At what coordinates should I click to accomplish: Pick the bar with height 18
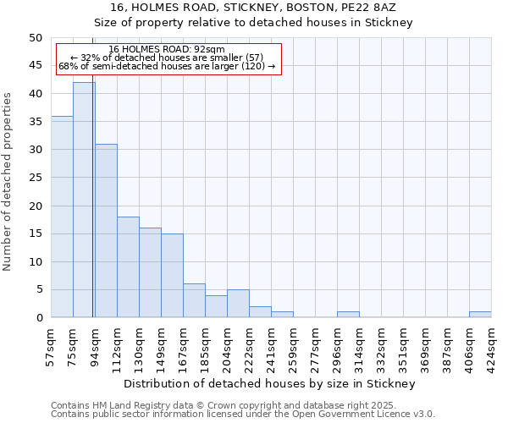[128, 266]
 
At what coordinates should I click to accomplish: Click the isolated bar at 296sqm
[348, 315]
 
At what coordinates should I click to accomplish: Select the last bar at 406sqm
[480, 315]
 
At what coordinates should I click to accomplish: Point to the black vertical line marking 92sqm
[92, 169]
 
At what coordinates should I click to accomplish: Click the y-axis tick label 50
[35, 38]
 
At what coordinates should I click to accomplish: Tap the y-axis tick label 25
[35, 178]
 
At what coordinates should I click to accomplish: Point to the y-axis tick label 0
[38, 318]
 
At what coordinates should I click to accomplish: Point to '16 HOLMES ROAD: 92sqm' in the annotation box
[167, 50]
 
